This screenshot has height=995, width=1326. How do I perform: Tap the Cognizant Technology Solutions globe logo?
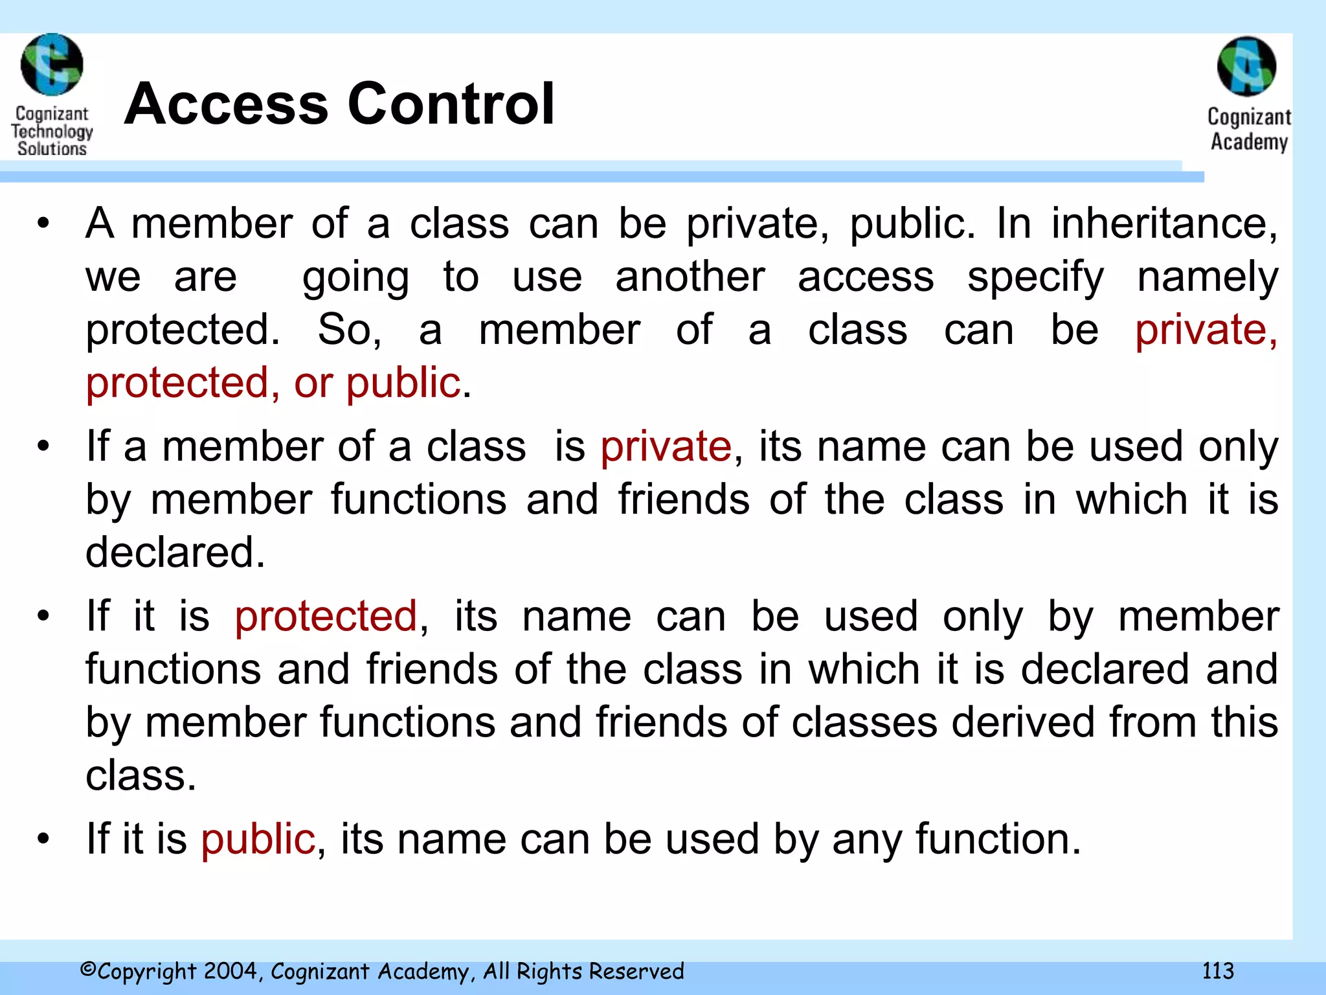coord(52,65)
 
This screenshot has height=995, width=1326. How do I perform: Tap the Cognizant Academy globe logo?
coord(1246,67)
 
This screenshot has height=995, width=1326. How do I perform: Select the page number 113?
coord(1218,971)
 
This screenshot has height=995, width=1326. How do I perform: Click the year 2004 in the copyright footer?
coord(230,971)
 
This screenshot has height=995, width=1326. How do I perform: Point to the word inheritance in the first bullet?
coord(1164,223)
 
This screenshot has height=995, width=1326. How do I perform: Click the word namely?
coord(1208,277)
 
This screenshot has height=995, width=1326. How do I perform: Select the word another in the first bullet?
coord(690,277)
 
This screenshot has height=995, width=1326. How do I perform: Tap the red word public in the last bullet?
coord(258,839)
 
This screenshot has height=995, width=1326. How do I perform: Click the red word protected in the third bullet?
coord(326,615)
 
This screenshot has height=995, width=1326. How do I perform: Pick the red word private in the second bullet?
coord(666,446)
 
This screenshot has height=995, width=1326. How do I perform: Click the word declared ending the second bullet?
coord(175,553)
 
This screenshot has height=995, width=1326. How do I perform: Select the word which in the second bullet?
coord(1131,499)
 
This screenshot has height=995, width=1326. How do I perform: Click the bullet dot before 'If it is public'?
coord(43,839)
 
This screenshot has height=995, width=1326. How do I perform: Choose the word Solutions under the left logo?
coord(52,148)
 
